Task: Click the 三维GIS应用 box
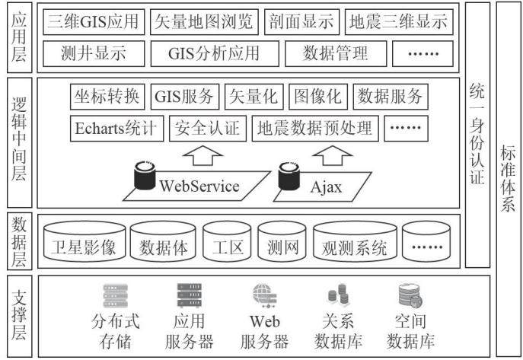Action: [x=94, y=22]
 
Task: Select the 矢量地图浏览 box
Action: [x=204, y=22]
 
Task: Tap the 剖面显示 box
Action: [x=301, y=22]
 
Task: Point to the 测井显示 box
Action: [x=94, y=54]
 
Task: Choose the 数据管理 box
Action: [x=336, y=54]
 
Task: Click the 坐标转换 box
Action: [x=107, y=97]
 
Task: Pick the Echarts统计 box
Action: [x=116, y=129]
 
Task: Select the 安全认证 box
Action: [x=208, y=129]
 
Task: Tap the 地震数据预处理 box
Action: [x=315, y=129]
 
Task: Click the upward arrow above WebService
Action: [x=203, y=155]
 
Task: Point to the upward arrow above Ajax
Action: [x=332, y=155]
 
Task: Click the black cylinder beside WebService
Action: [x=145, y=175]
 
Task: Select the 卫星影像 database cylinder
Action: [x=85, y=241]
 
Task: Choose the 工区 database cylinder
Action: [x=227, y=241]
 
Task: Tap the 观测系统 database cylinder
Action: [x=355, y=241]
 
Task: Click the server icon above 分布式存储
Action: [x=116, y=296]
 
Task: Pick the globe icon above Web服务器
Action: [x=264, y=296]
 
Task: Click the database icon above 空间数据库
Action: [x=410, y=295]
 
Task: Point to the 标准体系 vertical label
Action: [x=508, y=179]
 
